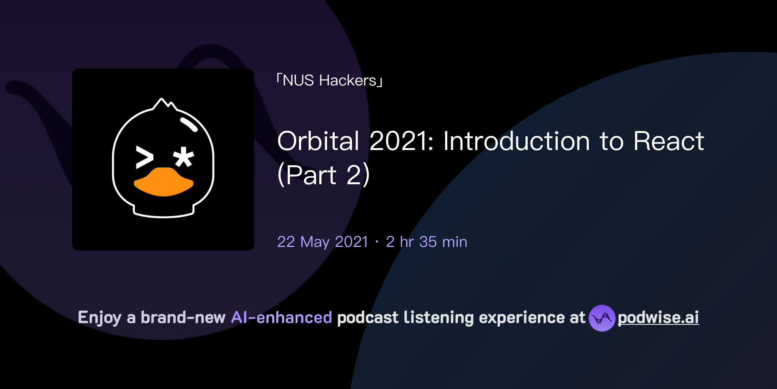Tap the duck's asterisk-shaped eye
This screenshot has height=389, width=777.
click(x=184, y=157)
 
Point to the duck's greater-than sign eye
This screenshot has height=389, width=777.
click(x=145, y=157)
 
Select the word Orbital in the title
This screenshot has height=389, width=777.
click(x=318, y=141)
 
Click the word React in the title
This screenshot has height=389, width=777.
click(x=668, y=141)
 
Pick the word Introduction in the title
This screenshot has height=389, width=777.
click(x=516, y=141)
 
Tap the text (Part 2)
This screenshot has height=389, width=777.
click(x=323, y=175)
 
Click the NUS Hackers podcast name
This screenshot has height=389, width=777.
click(x=329, y=81)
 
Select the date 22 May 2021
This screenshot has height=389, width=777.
click(x=322, y=242)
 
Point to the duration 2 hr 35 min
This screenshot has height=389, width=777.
click(x=426, y=242)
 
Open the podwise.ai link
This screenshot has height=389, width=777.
click(x=658, y=318)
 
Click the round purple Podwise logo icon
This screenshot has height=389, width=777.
click(x=602, y=318)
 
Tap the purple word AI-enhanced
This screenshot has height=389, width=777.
click(x=282, y=318)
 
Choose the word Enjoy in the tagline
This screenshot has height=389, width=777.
click(x=99, y=318)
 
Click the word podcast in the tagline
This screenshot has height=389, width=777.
click(x=368, y=318)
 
